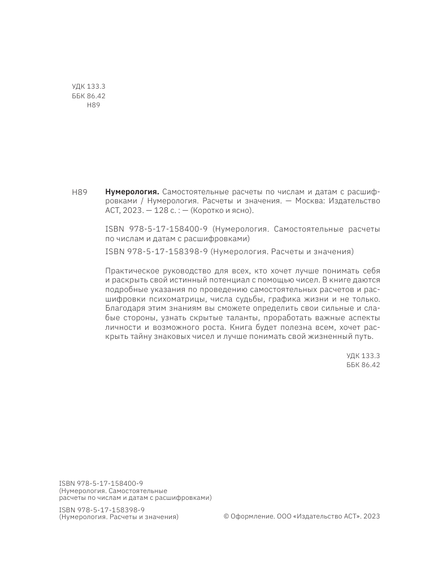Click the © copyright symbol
pyautogui.click(x=227, y=516)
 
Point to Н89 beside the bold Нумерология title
pyautogui.click(x=80, y=193)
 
